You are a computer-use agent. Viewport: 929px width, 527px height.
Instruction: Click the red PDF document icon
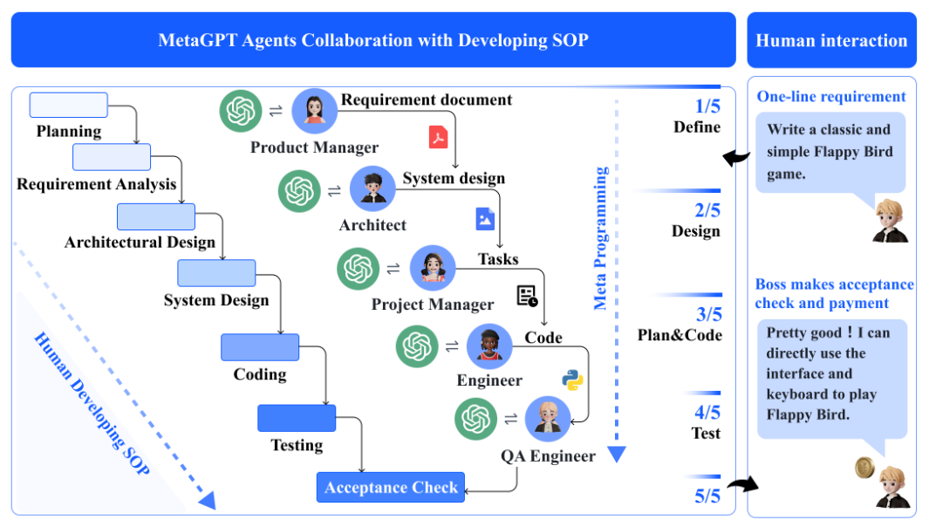(438, 137)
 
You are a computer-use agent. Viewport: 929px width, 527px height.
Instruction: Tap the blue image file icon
(485, 219)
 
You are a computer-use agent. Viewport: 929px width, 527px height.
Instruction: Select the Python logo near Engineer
(572, 380)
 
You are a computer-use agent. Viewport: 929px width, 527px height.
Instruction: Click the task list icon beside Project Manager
(527, 296)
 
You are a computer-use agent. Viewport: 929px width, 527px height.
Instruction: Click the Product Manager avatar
(315, 111)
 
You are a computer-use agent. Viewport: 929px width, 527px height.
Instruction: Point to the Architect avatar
(372, 188)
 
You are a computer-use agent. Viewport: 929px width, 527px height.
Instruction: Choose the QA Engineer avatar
(548, 419)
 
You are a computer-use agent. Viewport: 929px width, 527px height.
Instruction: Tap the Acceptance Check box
(391, 487)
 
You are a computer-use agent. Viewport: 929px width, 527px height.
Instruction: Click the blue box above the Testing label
(297, 418)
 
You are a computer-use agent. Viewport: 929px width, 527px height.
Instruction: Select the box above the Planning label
(69, 105)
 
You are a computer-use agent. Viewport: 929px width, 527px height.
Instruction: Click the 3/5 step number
(708, 314)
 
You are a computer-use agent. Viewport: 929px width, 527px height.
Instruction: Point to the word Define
(697, 127)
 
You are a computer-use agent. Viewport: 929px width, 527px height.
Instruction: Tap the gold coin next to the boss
(865, 468)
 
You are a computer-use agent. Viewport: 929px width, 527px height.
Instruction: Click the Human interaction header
(832, 40)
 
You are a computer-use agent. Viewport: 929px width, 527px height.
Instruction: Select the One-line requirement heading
(831, 97)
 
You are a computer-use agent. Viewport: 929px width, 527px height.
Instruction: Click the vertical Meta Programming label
(601, 238)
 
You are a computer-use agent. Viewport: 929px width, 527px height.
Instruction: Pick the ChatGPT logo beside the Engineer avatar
(417, 346)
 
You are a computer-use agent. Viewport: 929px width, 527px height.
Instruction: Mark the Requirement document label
(427, 99)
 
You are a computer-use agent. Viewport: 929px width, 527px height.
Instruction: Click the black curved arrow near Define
(736, 158)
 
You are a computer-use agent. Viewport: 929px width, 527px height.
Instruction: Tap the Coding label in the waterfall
(260, 374)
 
